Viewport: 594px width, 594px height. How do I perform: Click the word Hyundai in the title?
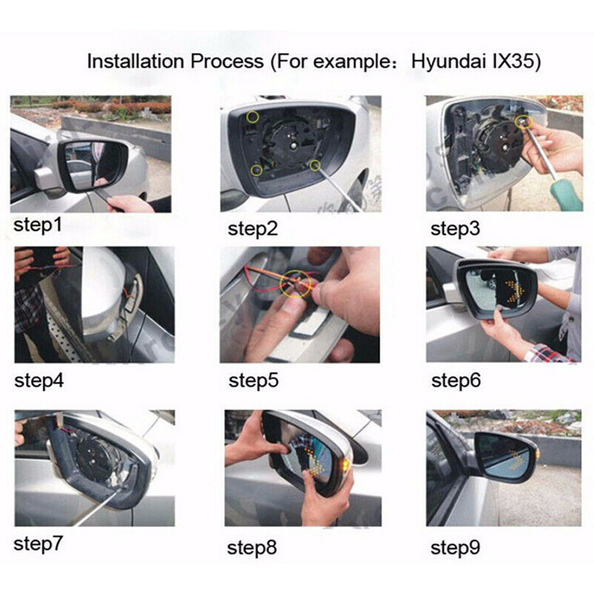pos(448,62)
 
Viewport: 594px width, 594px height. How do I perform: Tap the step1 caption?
pos(38,226)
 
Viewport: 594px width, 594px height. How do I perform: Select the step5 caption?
pos(253,381)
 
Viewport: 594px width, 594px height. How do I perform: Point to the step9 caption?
pos(455,547)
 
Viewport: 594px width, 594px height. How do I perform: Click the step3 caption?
pos(455,229)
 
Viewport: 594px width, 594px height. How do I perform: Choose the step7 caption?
pos(38,544)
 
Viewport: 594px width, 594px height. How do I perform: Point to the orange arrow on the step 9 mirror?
pos(518,459)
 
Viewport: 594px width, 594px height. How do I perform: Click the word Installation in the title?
pos(137,61)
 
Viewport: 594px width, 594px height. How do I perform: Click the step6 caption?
pos(456,381)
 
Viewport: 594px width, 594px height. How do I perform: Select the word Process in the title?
pos(227,61)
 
